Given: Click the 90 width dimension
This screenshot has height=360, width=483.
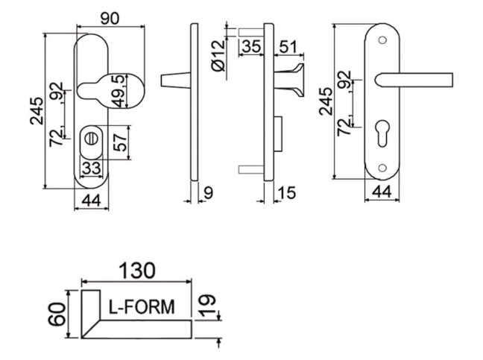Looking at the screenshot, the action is coord(110,19).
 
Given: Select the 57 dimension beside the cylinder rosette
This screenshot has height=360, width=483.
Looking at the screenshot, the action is coord(120,142).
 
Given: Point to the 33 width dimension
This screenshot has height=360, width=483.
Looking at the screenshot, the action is coord(92,168).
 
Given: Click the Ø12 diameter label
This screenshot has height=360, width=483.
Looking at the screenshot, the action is coord(218,56).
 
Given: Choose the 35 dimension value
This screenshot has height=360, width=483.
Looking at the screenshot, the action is coord(252,46).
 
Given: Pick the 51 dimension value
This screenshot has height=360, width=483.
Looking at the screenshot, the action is coord(288,47).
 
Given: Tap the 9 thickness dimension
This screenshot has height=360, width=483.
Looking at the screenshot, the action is coord(209,193).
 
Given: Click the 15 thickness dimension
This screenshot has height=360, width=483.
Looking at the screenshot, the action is coord(286,193).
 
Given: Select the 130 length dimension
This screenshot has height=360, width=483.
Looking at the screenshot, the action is coord(137,271).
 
